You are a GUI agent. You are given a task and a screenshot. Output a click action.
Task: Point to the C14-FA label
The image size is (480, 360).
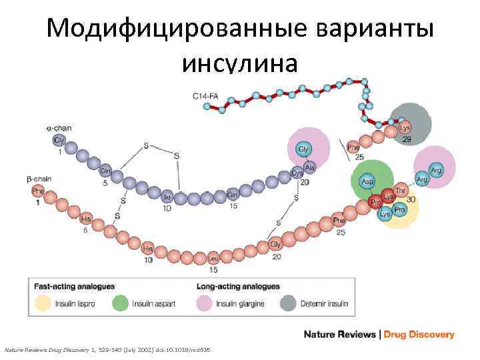click(205, 96)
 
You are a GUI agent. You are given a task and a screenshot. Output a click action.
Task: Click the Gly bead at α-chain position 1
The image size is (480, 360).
click(59, 141)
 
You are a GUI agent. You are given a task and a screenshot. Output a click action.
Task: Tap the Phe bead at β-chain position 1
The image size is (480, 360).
click(38, 191)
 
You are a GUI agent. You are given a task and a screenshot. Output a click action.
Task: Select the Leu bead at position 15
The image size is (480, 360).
click(213, 258)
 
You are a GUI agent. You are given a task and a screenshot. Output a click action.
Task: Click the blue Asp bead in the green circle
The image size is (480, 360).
click(367, 181)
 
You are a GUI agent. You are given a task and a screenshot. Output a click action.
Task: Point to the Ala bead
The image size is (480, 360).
click(309, 167)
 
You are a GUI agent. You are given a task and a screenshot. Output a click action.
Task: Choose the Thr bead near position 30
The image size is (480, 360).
click(401, 191)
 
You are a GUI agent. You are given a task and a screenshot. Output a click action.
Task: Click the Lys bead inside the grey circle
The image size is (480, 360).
click(405, 127)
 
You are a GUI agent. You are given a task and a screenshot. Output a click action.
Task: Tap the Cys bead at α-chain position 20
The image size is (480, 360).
click(297, 174)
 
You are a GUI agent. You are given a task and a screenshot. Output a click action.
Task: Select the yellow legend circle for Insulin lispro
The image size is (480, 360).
click(43, 304)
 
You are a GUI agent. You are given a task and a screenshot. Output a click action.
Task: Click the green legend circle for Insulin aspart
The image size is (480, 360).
click(121, 304)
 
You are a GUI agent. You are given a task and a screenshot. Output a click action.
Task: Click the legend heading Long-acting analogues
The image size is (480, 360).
click(238, 287)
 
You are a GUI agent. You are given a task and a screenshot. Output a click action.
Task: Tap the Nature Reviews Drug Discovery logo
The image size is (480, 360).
click(379, 335)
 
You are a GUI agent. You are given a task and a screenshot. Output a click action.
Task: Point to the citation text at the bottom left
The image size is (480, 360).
click(107, 349)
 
